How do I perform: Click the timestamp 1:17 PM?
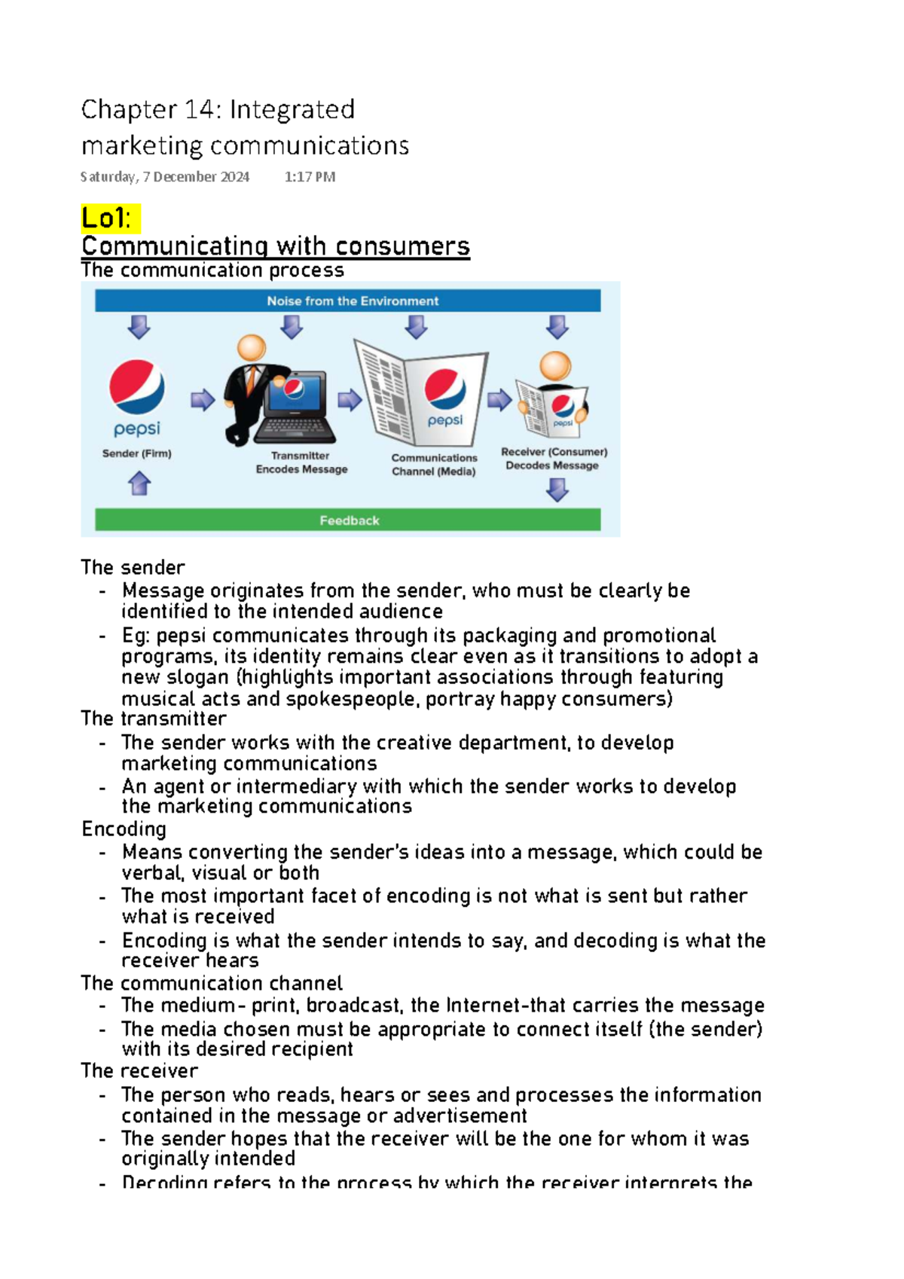(x=310, y=177)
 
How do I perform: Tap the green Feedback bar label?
(x=349, y=520)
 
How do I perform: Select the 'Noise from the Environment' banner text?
(x=352, y=301)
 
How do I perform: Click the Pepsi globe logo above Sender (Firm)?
(x=136, y=387)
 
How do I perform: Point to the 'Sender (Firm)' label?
(x=136, y=453)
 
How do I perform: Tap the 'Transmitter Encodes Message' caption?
(x=301, y=462)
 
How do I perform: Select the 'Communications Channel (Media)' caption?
(x=434, y=465)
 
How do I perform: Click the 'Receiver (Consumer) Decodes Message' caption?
(x=554, y=459)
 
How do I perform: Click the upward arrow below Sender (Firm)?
(x=139, y=483)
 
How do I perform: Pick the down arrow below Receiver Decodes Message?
(x=557, y=490)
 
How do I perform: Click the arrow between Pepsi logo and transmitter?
(x=202, y=399)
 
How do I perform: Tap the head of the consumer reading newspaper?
(x=555, y=366)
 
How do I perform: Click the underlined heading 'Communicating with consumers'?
(x=275, y=246)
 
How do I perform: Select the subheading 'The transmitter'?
(x=154, y=719)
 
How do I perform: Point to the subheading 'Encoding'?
(x=124, y=829)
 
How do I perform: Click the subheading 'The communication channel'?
(x=212, y=983)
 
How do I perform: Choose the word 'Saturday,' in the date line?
(x=109, y=177)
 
